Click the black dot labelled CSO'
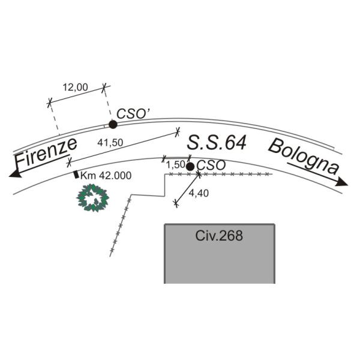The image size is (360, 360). [113, 124]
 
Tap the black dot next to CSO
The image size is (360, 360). [190, 166]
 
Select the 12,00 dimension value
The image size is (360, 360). [75, 87]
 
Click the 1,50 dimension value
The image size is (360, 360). [176, 164]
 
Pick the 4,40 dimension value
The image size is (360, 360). [198, 193]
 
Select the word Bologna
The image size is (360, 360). [303, 156]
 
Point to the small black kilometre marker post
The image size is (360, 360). [76, 175]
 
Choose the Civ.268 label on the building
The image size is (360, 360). [219, 236]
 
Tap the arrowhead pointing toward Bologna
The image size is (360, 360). [342, 181]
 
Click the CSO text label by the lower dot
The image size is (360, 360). [211, 165]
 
